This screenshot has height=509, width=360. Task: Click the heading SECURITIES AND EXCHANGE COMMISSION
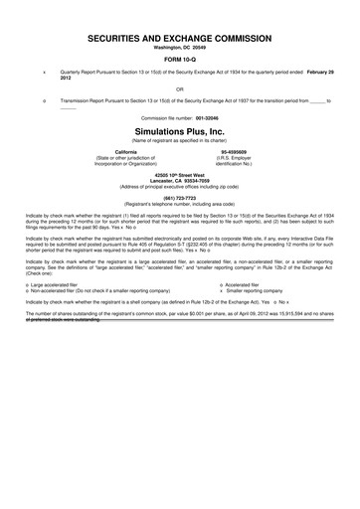(x=180, y=37)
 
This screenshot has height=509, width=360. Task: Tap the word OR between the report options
(x=180, y=87)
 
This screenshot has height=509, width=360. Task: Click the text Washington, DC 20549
(x=180, y=47)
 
